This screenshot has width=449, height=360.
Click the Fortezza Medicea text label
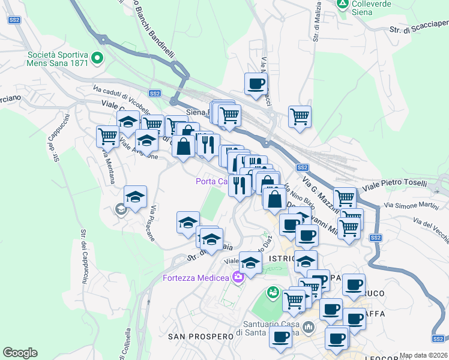(x=196, y=277)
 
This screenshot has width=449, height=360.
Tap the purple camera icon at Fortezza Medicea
(x=238, y=277)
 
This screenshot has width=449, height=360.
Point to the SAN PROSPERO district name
(x=200, y=337)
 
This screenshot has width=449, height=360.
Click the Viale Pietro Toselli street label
(x=402, y=184)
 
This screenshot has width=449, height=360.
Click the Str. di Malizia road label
(x=316, y=24)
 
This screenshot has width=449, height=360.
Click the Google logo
(x=20, y=353)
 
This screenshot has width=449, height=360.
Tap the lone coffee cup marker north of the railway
(x=256, y=83)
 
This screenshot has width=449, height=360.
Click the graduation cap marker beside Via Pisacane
(x=135, y=196)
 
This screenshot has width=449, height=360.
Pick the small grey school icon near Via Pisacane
(x=120, y=209)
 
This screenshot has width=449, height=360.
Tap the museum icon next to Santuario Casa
(x=309, y=327)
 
